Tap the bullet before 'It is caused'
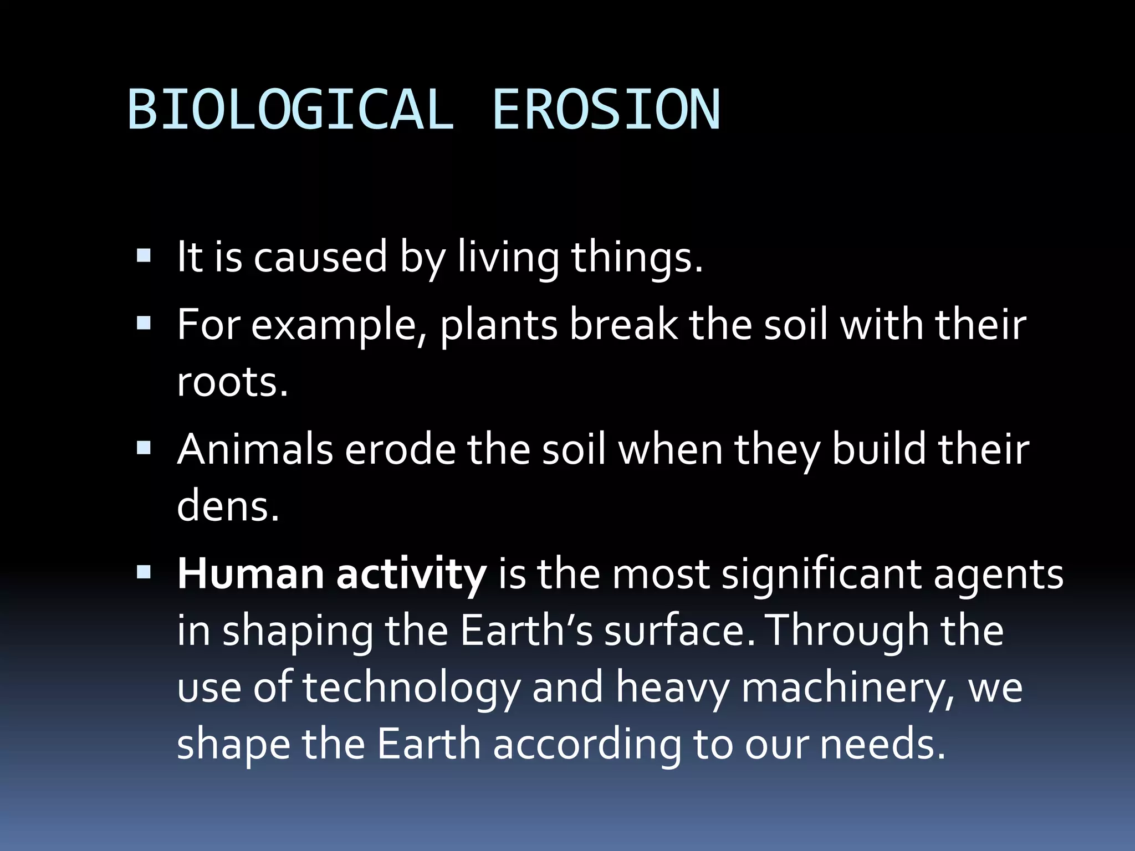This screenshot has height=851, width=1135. coord(144,255)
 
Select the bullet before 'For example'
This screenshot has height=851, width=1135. coord(144,323)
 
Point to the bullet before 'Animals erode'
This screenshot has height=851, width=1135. coord(144,448)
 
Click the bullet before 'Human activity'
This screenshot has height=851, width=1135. coord(144,572)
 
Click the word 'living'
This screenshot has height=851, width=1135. coord(508,258)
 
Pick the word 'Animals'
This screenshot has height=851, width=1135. coord(255,449)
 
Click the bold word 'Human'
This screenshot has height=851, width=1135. coord(250,574)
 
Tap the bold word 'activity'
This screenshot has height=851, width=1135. coord(411,575)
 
